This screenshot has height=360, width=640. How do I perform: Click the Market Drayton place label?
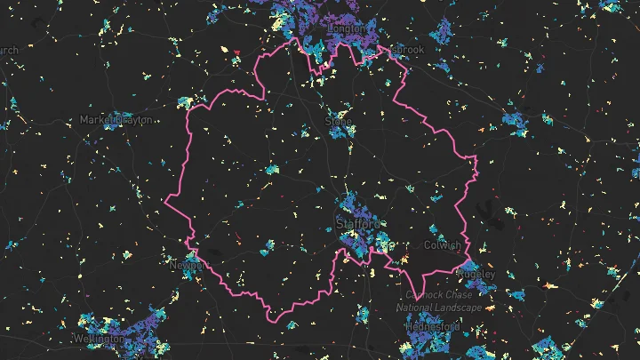pyautogui.click(x=116, y=119)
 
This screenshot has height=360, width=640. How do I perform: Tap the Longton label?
pyautogui.click(x=346, y=28)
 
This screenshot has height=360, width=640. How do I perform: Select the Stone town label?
pyautogui.click(x=339, y=120)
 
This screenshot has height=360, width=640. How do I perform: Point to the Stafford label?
pyautogui.click(x=358, y=225)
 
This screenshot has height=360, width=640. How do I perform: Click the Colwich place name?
pyautogui.click(x=442, y=244)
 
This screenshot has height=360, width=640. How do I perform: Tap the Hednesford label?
pyautogui.click(x=433, y=327)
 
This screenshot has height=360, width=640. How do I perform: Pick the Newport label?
pyautogui.click(x=187, y=265)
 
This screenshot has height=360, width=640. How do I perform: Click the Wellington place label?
pyautogui.click(x=99, y=339)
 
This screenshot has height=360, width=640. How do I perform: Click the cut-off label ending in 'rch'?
pyautogui.click(x=8, y=51)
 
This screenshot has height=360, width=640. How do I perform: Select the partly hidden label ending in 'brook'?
pyautogui.click(x=410, y=50)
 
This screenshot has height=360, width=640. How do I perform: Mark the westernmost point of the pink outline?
pyautogui.click(x=165, y=204)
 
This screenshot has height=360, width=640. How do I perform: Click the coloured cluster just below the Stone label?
pyautogui.click(x=339, y=133)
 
